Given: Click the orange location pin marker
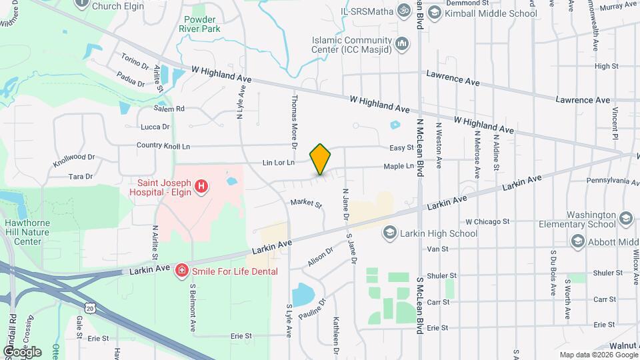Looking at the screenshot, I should point(321,159).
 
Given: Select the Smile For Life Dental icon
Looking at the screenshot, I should point(181,271).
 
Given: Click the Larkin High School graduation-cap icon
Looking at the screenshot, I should point(389,233).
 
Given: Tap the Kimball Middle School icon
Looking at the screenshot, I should point(435,13).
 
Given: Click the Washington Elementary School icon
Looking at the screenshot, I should point(625,219).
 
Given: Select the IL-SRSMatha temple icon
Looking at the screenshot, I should point(403,11).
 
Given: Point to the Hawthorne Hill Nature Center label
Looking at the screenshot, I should point(23,232).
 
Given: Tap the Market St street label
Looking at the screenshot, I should point(306,203).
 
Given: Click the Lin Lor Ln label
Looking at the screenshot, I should point(279,162).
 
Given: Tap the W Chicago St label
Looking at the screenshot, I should point(487,221).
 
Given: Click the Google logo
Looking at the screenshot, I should point(22,351).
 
